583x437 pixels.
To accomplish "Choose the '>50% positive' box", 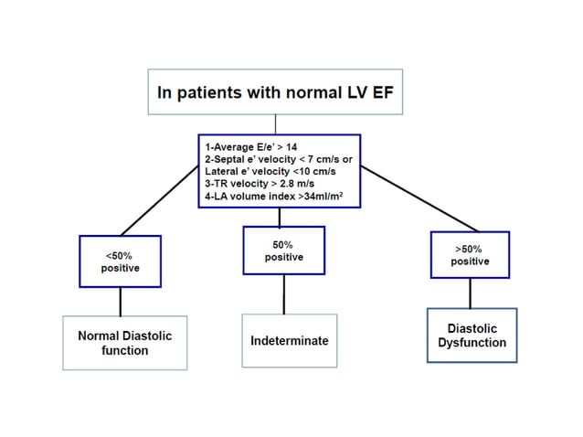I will coord(470,255).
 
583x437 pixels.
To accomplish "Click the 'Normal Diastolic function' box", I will coord(125,343).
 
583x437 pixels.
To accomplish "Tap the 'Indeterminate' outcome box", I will coord(289,341).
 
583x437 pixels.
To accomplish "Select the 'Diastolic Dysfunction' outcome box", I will coord(471,336).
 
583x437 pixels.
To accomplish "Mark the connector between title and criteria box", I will coord(278,124).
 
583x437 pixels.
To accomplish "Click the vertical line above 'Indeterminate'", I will coord(283,293).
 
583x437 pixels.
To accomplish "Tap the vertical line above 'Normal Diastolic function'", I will coord(121,303).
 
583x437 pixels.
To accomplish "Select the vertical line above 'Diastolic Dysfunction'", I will coord(470,293).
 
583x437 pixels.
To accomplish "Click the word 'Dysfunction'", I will coord(471,344).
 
